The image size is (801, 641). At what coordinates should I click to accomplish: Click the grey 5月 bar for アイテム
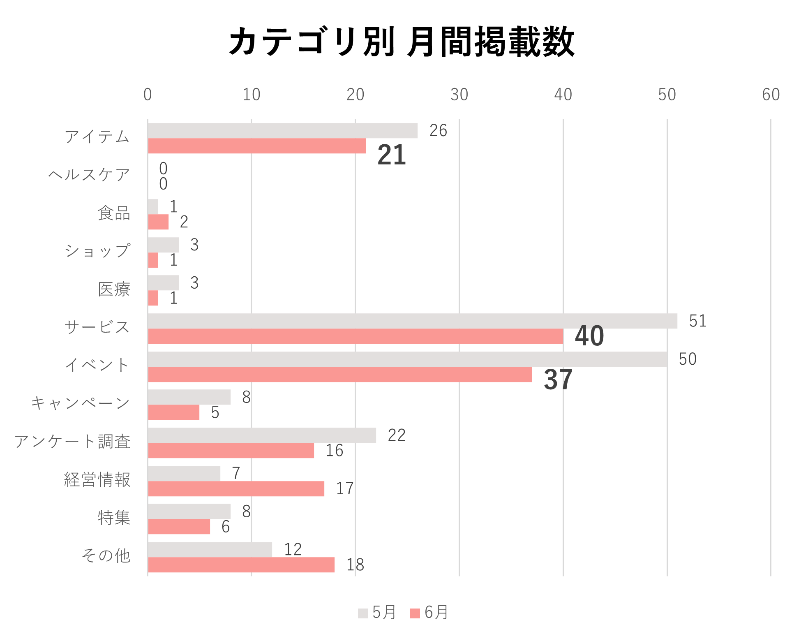click(283, 131)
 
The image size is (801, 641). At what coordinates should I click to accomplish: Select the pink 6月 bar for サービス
click(355, 336)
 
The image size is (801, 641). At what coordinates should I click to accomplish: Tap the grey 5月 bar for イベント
click(407, 359)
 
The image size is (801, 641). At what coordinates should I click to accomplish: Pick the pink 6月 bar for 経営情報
click(236, 489)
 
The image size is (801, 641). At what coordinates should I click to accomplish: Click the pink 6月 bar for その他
click(241, 565)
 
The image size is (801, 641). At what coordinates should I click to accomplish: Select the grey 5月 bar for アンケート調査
click(262, 435)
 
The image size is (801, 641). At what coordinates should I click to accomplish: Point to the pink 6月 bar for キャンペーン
click(174, 412)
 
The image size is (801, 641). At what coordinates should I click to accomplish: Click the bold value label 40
click(589, 336)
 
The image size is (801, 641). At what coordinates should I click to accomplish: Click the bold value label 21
click(392, 155)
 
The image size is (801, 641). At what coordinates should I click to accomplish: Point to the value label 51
click(697, 321)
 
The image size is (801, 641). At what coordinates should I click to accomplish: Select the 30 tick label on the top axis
click(459, 95)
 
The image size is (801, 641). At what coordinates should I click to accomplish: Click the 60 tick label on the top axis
click(771, 95)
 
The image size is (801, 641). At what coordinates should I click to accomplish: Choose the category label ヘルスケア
click(89, 175)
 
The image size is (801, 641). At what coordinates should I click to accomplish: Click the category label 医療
click(114, 289)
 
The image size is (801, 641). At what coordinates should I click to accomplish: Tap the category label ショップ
click(97, 251)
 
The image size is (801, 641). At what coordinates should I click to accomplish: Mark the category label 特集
click(114, 518)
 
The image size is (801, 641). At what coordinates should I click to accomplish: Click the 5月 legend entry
click(377, 613)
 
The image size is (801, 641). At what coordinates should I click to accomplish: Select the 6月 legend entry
click(429, 613)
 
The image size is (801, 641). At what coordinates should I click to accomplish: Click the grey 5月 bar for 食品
click(153, 207)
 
